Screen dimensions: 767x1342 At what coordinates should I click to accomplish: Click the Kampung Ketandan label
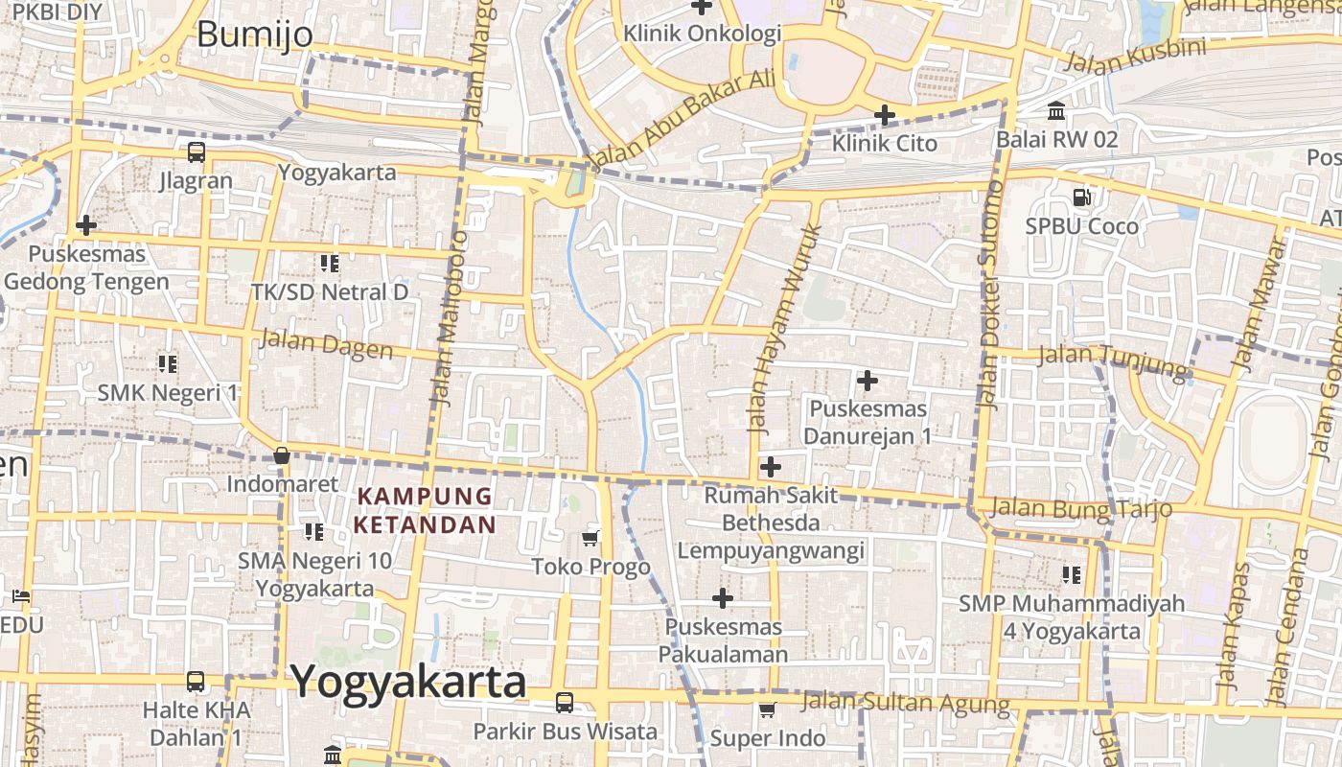pos(425,510)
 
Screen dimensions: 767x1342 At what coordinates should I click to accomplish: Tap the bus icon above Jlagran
pos(196,151)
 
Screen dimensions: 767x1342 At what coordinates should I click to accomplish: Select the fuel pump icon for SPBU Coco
pos(1081,198)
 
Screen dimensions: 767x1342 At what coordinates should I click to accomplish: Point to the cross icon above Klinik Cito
pos(884,116)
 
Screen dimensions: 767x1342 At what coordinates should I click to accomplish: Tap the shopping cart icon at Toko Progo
pos(590,538)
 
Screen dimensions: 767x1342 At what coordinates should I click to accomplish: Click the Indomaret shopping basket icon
pos(281,455)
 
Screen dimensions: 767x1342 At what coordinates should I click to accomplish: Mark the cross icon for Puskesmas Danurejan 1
pos(867,381)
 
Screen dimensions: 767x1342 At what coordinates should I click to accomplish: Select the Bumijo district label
pos(254,35)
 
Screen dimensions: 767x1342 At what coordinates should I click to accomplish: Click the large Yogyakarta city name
pos(408,683)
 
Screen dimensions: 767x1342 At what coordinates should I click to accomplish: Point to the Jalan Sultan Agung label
pos(905,703)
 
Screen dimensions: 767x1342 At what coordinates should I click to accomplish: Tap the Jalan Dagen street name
pos(326,343)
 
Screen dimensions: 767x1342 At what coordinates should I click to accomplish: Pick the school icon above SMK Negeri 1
pos(168,363)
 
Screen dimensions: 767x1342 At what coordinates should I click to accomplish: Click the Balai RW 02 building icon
pos(1056,111)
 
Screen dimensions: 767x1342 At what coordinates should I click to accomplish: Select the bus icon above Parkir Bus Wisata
pos(565,703)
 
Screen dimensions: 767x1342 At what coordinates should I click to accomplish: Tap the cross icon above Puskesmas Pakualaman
pos(723,598)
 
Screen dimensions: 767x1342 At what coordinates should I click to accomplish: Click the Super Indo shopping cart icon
pos(767,710)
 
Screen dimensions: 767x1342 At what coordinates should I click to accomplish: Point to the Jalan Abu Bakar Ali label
pos(682,120)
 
